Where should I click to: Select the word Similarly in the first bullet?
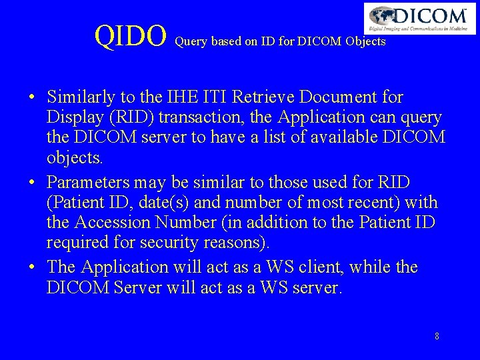coord(79,98)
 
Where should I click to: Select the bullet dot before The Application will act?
coord(32,268)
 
